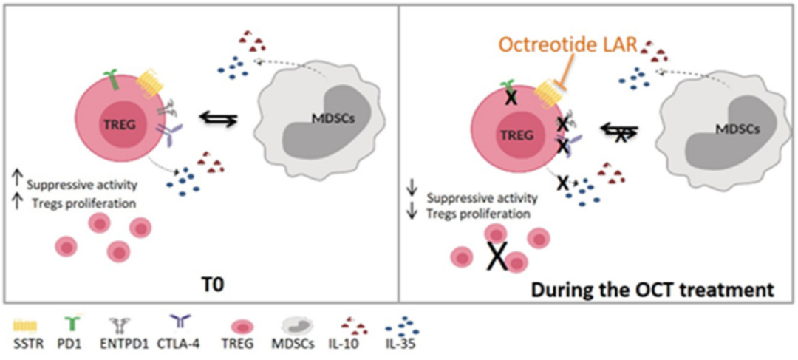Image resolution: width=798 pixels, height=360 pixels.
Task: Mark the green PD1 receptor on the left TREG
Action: click(109, 77)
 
